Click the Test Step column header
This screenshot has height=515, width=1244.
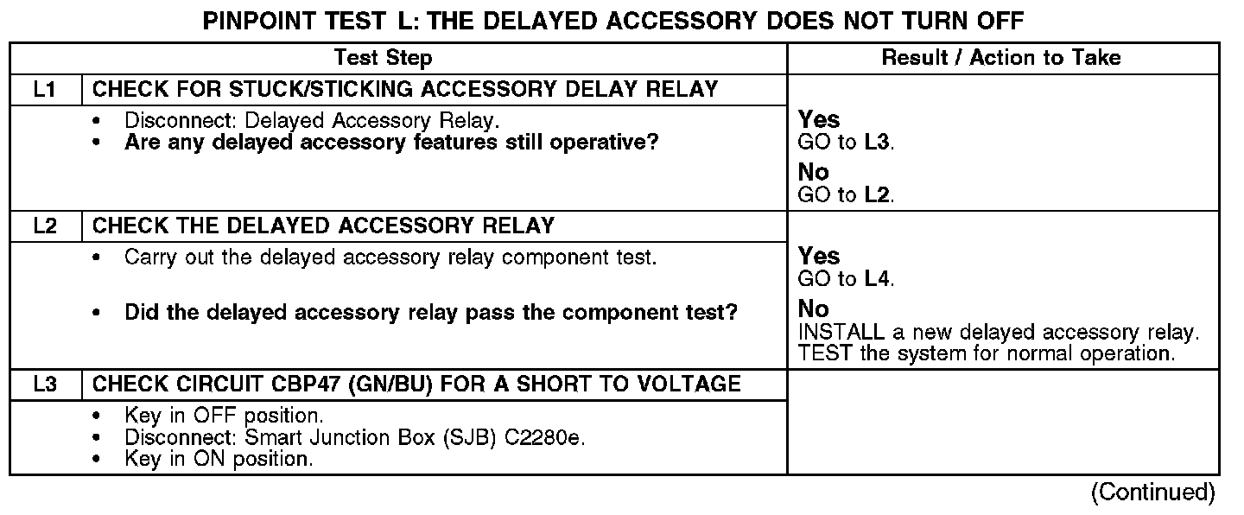pos(384,58)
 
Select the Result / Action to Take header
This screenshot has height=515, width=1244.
pos(1001,58)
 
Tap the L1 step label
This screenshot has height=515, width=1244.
pos(45,89)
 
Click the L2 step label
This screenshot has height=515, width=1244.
pos(45,226)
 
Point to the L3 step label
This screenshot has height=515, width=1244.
pos(45,384)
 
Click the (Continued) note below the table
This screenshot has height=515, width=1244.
pos(1152,493)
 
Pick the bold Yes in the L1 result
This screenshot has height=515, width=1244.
pos(818,119)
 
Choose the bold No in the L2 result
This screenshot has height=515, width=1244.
pos(813,309)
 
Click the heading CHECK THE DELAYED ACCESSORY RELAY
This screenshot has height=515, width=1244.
pos(323,226)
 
